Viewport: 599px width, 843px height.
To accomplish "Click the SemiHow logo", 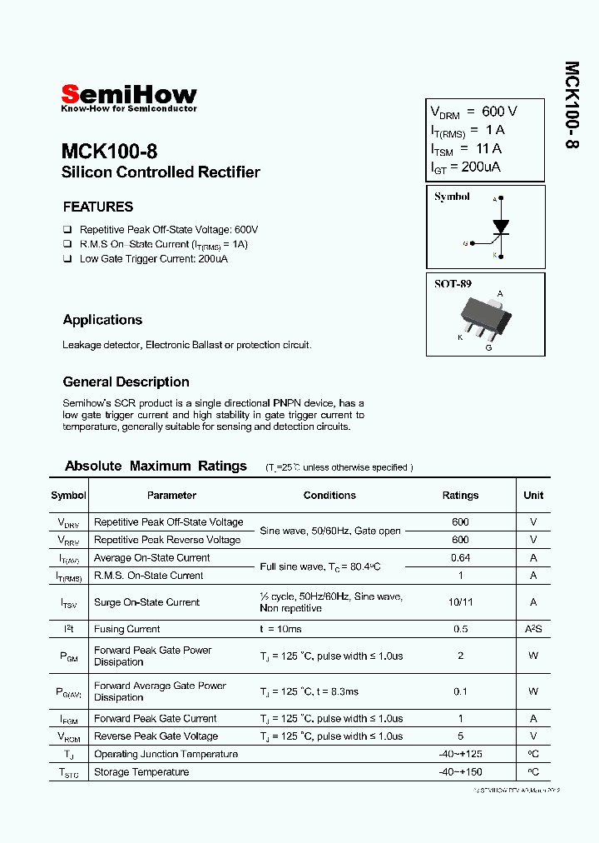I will click(x=129, y=96).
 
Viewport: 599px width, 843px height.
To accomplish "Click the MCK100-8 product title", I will click(x=109, y=152).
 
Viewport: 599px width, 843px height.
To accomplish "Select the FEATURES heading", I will click(x=98, y=207).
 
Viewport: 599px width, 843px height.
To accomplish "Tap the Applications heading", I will click(x=102, y=320).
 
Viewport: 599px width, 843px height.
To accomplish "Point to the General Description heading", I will click(x=126, y=382).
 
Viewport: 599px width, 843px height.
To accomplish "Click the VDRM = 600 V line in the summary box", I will click(x=473, y=112).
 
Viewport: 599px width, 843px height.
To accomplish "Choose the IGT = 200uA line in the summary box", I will click(x=465, y=167).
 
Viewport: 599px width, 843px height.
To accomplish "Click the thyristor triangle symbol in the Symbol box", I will click(x=500, y=226).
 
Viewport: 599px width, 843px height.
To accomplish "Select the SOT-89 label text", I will click(x=453, y=284).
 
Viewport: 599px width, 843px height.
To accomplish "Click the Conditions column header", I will click(x=329, y=495).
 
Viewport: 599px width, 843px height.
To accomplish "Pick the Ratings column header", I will click(x=460, y=495).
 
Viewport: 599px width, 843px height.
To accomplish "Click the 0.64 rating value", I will click(x=460, y=558).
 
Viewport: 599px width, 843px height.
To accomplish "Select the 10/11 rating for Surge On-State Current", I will click(x=460, y=602).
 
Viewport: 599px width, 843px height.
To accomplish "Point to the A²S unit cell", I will click(x=533, y=630).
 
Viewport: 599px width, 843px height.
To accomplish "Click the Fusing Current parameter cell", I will click(x=126, y=630).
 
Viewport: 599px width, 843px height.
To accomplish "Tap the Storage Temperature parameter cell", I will click(x=141, y=772).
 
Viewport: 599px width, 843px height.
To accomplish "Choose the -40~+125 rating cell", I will click(x=460, y=754).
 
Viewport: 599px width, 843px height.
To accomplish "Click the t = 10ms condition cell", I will click(x=280, y=630).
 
